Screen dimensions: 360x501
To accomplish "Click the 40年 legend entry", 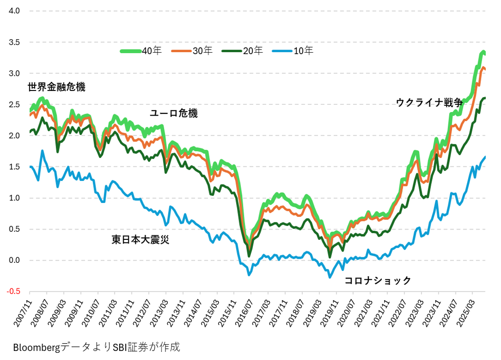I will pos(140,51).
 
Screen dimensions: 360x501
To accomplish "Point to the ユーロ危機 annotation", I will pos(174,113).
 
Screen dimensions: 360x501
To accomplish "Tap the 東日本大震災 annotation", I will pos(140,239).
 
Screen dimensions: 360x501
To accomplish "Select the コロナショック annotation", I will pos(377,281).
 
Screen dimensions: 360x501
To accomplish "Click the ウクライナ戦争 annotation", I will pos(429,102).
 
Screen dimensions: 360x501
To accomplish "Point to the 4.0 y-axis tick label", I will pos(15,11).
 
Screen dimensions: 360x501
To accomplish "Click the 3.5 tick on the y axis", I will pos(15,42).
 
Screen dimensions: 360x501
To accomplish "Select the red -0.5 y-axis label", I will pos(13,292).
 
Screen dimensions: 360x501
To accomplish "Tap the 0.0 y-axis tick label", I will pos(15,261).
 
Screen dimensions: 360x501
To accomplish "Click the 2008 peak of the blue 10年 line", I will pos(42,151).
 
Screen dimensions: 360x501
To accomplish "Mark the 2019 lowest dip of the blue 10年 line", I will pos(330,277).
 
